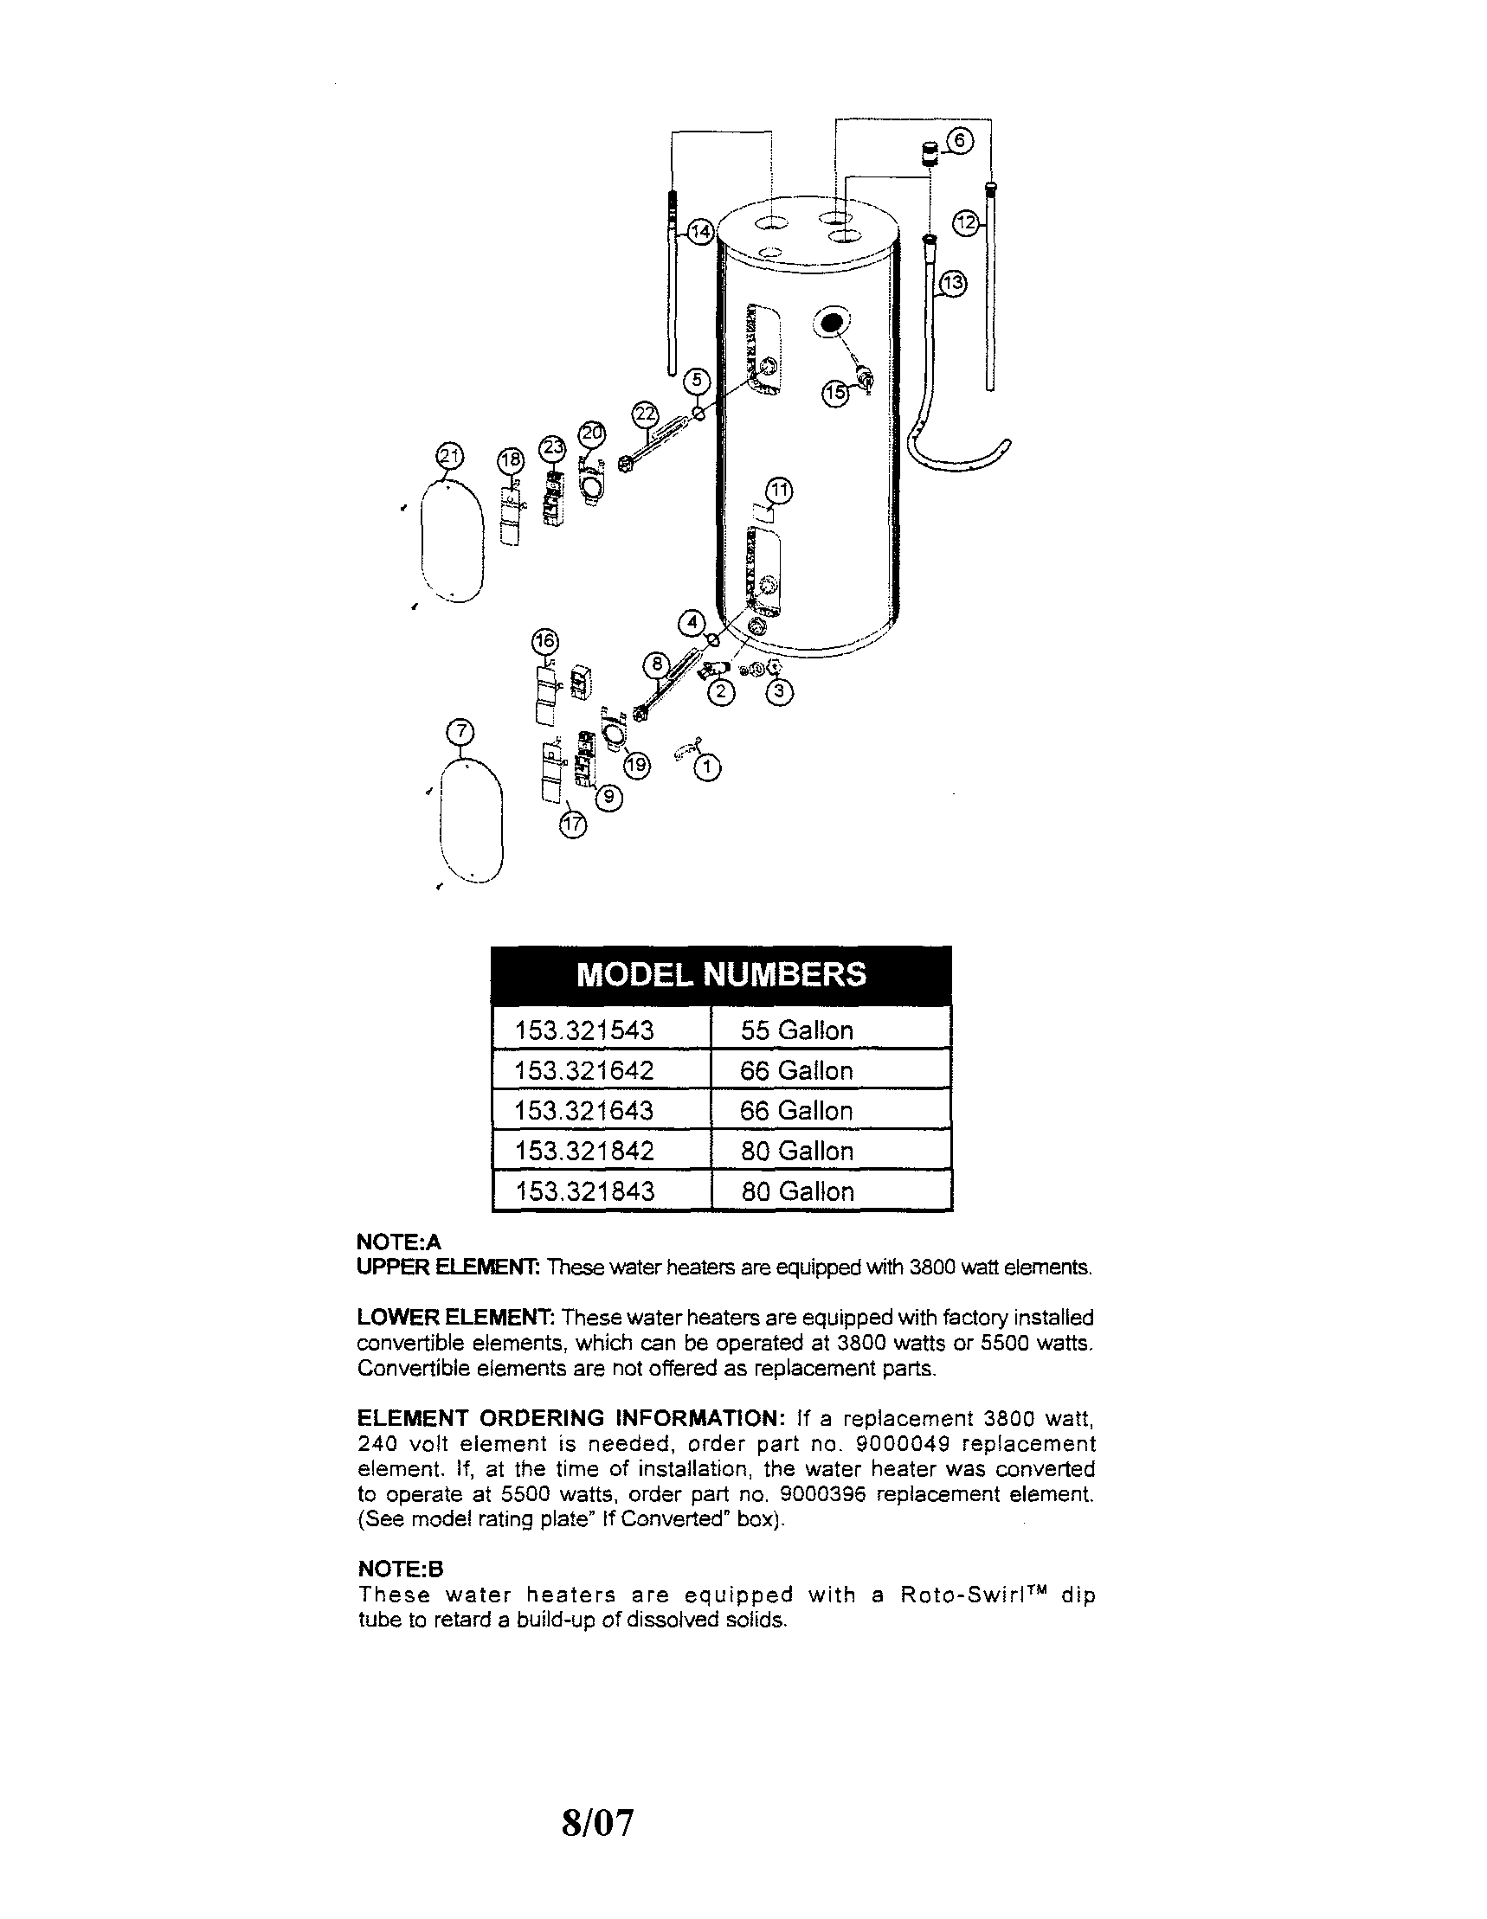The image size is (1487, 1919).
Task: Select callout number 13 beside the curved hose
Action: click(x=953, y=284)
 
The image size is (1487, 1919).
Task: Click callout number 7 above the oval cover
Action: click(x=461, y=731)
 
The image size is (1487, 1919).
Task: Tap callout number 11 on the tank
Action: click(x=780, y=490)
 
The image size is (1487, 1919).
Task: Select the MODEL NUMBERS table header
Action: click(x=721, y=974)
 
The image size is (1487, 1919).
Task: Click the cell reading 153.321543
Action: click(x=584, y=1030)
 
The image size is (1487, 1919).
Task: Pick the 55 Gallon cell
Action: click(x=796, y=1030)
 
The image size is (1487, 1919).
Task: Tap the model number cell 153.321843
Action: click(x=584, y=1191)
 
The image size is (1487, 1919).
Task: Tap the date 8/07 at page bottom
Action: click(x=597, y=1822)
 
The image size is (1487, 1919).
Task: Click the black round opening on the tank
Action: click(x=830, y=323)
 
